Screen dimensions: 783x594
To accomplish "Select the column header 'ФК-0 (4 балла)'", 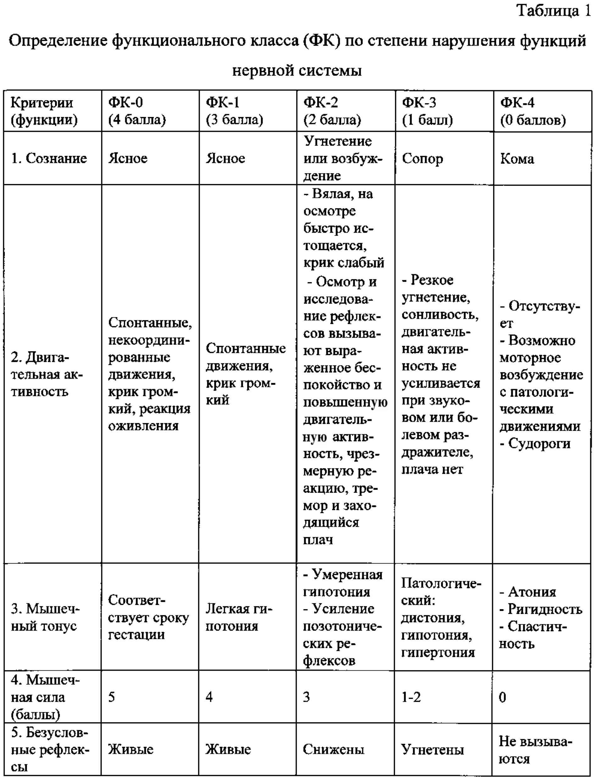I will coord(137,111).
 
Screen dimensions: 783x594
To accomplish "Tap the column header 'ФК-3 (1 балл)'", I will coord(427,111).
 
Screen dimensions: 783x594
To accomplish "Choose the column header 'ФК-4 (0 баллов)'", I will coord(533,111).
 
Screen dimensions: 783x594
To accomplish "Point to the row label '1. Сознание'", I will coord(49,158).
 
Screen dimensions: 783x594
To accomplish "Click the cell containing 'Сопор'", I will coord(422,158).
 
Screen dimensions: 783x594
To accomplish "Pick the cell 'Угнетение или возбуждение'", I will coord(343,158).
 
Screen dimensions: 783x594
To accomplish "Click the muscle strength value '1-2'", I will coord(411,697).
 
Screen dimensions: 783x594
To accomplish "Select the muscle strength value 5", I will coord(112,697).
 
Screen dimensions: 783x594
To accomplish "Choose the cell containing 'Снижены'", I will coord(333,749).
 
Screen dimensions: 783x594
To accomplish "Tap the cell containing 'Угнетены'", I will coord(432,750).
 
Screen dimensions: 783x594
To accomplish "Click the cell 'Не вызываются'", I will coord(535,750).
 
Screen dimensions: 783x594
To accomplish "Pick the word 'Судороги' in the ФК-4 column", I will coord(539,443).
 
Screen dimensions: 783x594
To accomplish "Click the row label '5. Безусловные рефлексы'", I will coord(50,749).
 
